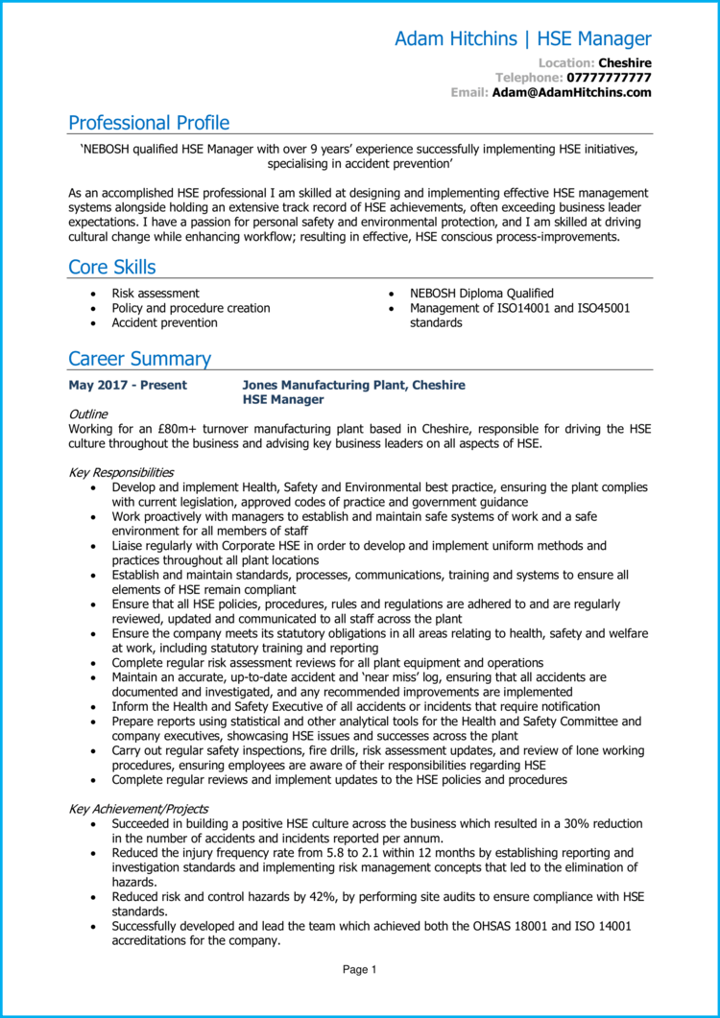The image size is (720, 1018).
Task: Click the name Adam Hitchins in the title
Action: pyautogui.click(x=455, y=39)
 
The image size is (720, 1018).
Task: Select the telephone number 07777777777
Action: pyautogui.click(x=609, y=77)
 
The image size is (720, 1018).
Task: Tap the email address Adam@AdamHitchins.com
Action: pyautogui.click(x=571, y=92)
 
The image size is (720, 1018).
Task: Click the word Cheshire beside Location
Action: pyautogui.click(x=624, y=62)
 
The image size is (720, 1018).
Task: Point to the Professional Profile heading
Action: pyautogui.click(x=149, y=123)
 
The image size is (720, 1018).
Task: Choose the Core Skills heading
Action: pyautogui.click(x=111, y=267)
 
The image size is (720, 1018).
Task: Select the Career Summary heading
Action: pyautogui.click(x=139, y=359)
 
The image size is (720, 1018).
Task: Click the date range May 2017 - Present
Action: pyautogui.click(x=128, y=385)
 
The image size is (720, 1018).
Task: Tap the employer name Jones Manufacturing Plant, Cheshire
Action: pyautogui.click(x=353, y=385)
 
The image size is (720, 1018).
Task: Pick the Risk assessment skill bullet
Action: pyautogui.click(x=156, y=294)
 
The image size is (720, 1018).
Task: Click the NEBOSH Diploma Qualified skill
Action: pyautogui.click(x=481, y=294)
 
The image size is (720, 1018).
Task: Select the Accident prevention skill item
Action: pyautogui.click(x=164, y=322)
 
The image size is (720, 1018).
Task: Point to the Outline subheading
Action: pyautogui.click(x=88, y=414)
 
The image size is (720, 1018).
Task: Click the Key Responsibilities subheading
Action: pyautogui.click(x=121, y=472)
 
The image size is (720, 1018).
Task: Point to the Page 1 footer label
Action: pyautogui.click(x=360, y=970)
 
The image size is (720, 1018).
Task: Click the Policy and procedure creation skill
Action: pyautogui.click(x=190, y=308)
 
